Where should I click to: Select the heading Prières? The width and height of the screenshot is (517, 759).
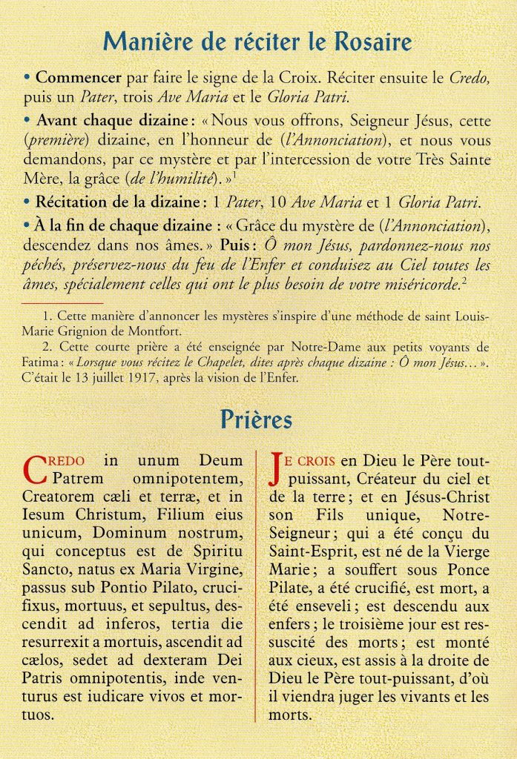click(256, 420)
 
